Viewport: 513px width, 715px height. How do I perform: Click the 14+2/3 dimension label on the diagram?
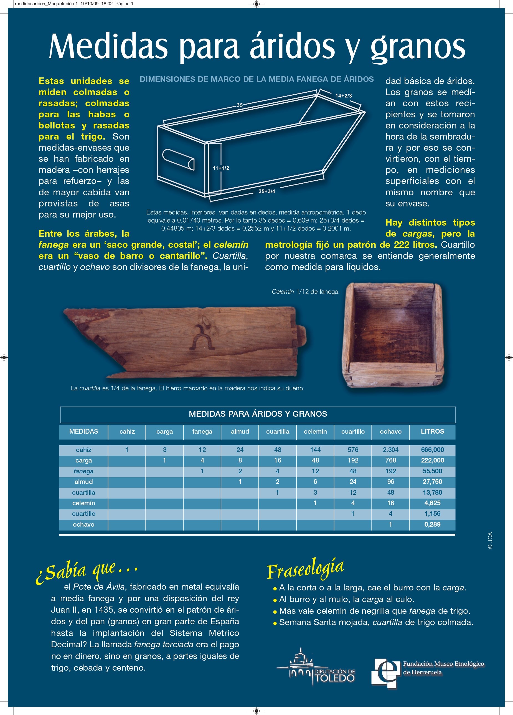344,95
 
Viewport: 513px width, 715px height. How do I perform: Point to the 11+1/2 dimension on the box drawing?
221,168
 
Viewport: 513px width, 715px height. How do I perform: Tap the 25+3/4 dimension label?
266,191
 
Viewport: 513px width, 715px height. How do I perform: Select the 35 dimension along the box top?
240,105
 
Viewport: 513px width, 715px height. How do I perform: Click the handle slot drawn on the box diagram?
178,159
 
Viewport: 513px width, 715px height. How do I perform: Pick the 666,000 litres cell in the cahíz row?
432,450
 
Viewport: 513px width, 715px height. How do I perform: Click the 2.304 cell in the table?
390,450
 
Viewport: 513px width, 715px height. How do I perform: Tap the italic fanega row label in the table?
83,471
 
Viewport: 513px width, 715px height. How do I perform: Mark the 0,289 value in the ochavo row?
432,524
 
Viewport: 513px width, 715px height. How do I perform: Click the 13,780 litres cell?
432,492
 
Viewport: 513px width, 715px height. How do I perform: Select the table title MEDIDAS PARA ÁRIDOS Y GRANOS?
258,414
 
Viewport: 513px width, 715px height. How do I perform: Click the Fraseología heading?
305,569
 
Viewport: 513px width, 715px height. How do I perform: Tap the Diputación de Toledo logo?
316,669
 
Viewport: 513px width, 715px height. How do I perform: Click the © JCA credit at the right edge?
490,540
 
